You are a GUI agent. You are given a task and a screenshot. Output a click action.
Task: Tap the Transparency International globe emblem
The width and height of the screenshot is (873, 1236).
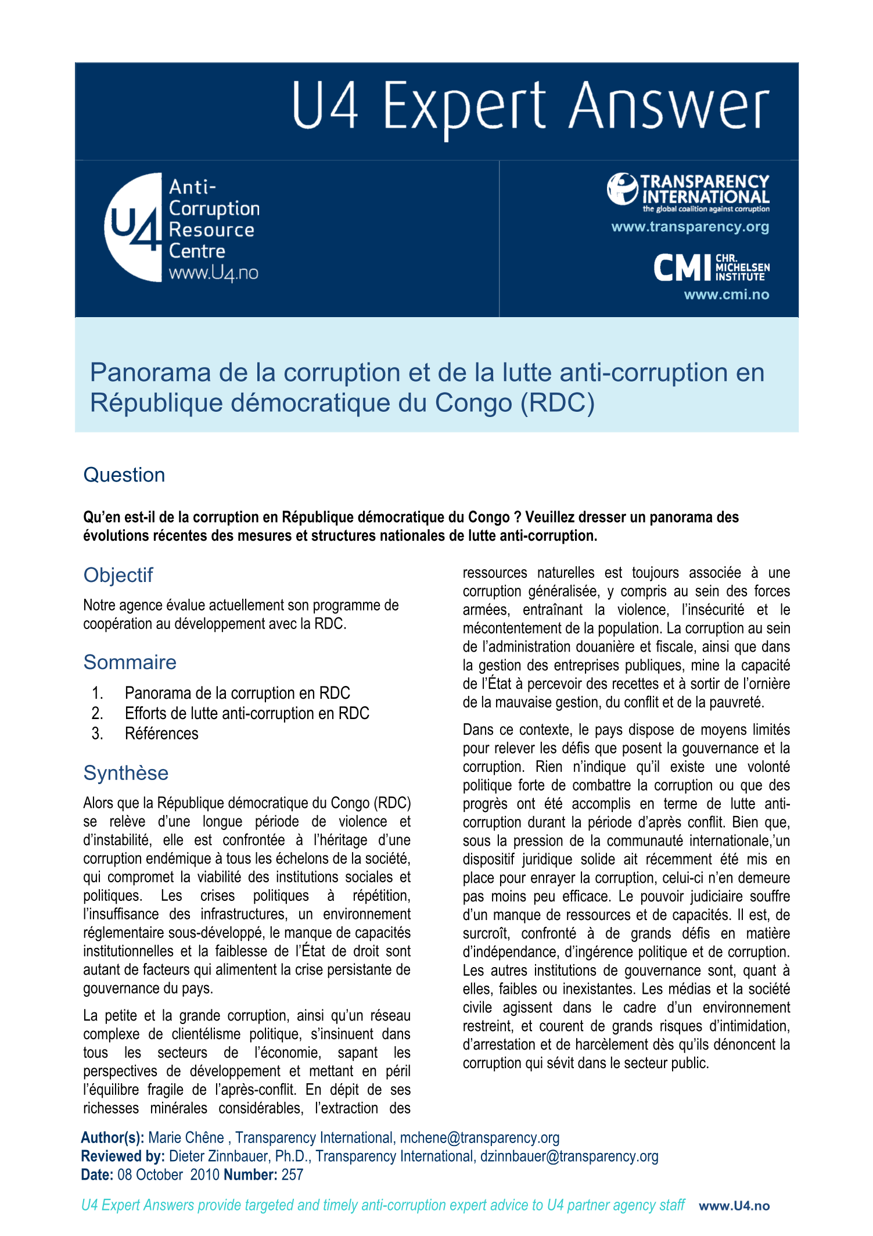(622, 189)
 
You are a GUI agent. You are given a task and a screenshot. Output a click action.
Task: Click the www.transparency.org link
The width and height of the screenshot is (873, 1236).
(690, 227)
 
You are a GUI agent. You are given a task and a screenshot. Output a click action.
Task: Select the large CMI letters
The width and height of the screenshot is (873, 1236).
(682, 268)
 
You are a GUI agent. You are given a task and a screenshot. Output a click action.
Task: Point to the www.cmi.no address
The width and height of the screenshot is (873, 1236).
(726, 294)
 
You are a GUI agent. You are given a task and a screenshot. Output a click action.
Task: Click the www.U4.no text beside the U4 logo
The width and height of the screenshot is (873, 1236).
(213, 273)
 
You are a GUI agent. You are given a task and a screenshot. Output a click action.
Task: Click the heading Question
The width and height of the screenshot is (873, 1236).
(124, 475)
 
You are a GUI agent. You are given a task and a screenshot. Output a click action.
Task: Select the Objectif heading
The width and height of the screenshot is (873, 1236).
(118, 575)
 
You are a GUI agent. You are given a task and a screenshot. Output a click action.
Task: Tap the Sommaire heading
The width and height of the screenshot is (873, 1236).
(130, 662)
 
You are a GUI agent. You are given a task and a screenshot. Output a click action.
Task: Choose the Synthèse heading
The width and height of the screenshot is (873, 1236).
(125, 773)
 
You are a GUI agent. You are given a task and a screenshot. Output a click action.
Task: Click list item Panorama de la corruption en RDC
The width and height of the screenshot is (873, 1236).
(237, 693)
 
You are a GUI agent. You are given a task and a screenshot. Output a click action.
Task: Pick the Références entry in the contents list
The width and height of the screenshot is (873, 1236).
(161, 734)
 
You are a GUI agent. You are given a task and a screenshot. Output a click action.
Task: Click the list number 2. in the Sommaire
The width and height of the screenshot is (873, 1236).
(98, 713)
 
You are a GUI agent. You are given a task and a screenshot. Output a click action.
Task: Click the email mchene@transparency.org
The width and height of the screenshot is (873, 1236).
(479, 1138)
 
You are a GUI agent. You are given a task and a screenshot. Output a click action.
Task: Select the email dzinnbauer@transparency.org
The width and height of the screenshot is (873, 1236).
(569, 1156)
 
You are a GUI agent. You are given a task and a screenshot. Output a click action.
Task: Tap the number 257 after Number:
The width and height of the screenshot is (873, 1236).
(292, 1175)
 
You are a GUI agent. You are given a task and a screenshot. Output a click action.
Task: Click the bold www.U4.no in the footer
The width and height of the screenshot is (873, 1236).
(734, 1206)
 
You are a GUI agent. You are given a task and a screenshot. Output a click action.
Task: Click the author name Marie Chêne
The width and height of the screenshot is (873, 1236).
(186, 1138)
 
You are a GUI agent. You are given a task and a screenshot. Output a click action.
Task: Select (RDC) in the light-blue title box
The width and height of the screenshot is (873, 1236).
(558, 403)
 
